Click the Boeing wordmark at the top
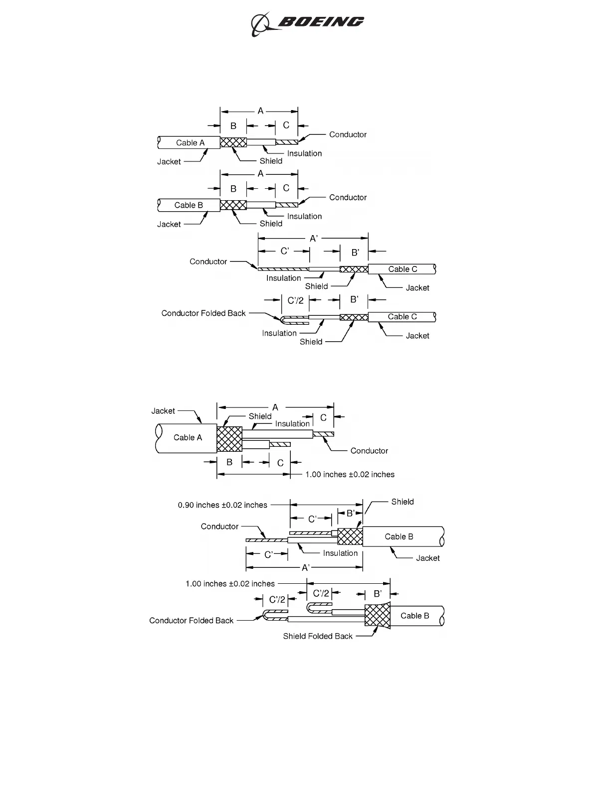(320, 22)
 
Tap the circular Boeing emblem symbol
(260, 24)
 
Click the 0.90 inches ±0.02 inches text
(222, 505)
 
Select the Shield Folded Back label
(318, 636)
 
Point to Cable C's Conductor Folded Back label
(203, 313)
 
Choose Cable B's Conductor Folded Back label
(191, 621)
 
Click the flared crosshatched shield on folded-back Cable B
(378, 615)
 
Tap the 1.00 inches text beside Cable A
(350, 475)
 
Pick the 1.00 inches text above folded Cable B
(230, 584)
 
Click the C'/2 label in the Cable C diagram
(295, 300)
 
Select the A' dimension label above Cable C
(314, 239)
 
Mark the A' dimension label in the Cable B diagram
(306, 568)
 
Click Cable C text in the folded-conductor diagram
(402, 317)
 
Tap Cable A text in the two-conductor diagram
(188, 438)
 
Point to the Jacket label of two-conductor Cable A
(163, 411)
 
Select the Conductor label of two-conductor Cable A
(369, 451)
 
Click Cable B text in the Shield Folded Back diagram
(414, 616)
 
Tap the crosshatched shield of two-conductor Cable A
(229, 439)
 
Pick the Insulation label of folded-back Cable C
(279, 333)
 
